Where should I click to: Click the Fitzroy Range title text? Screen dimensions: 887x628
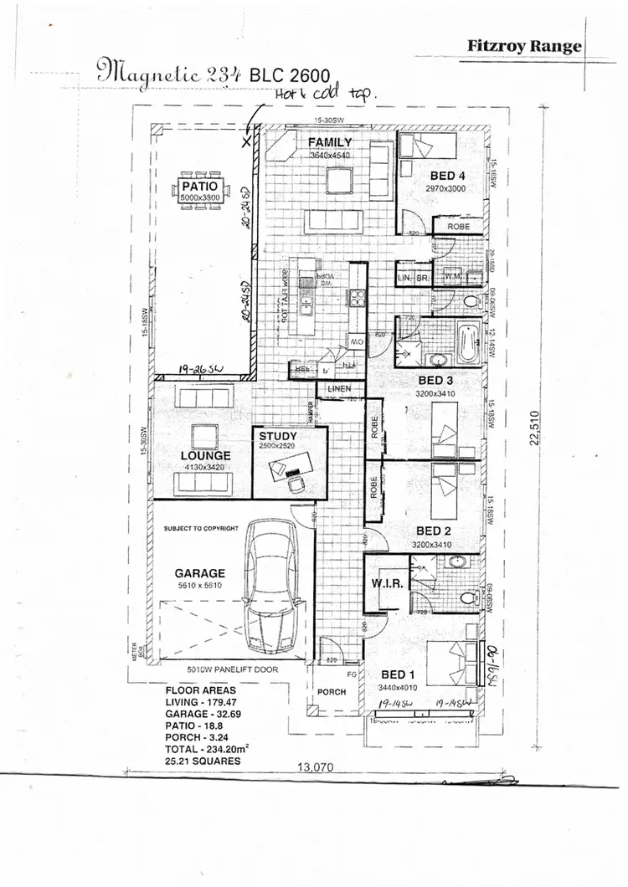click(524, 47)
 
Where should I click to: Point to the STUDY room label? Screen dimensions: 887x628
click(278, 436)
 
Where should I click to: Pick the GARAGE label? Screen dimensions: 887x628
click(199, 573)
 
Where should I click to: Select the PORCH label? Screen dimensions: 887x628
click(332, 692)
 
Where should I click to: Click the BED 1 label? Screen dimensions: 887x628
click(397, 674)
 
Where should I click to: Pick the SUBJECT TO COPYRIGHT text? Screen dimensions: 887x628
click(202, 530)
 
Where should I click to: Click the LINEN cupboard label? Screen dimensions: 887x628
click(340, 390)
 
